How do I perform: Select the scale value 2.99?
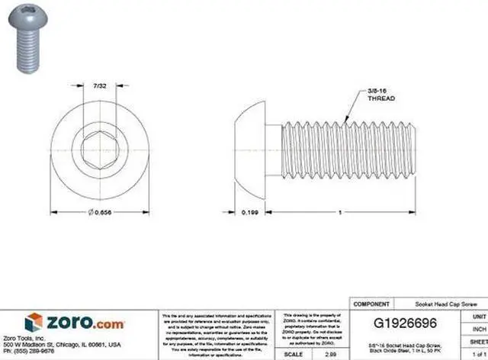click(330, 355)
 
